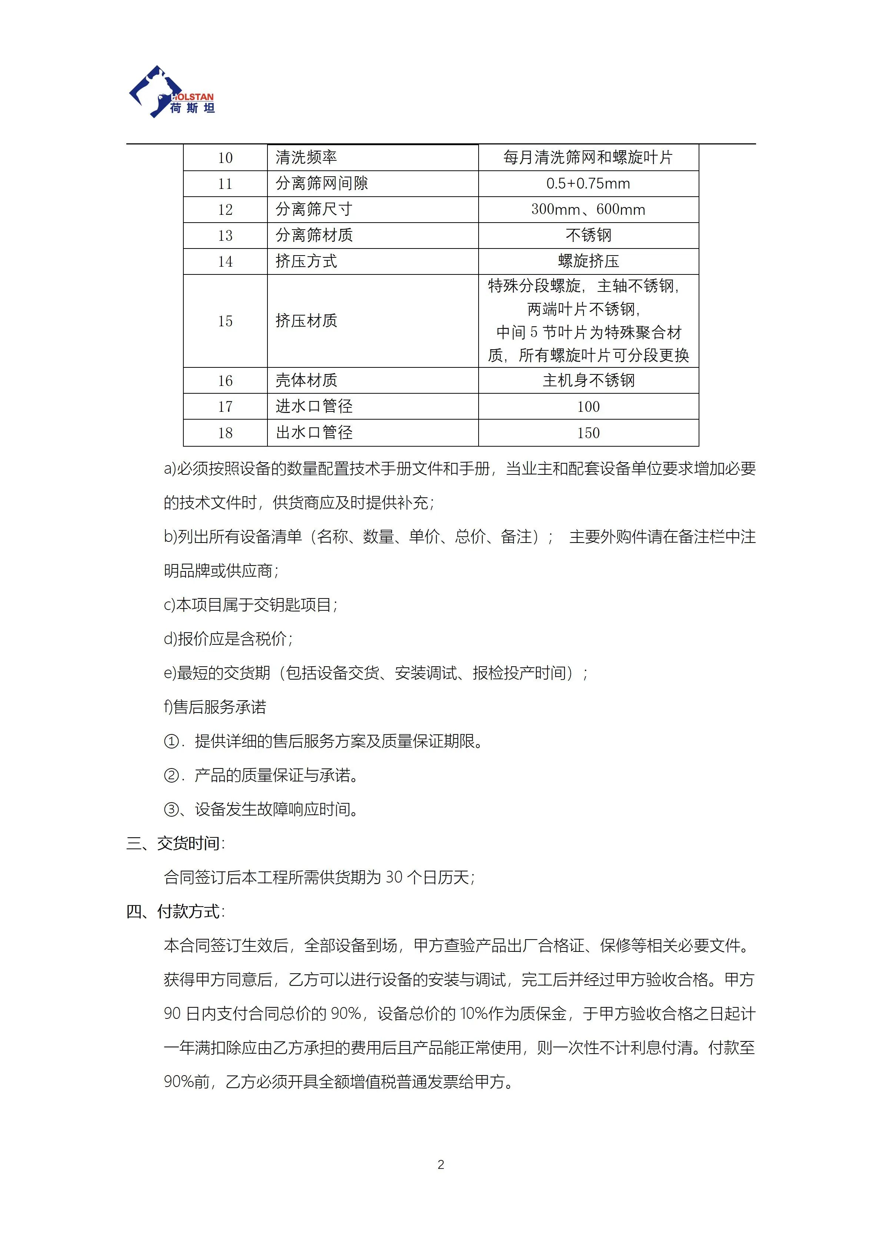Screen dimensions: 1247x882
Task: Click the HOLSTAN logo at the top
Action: click(x=172, y=92)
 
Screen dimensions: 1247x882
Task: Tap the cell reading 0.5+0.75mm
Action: click(x=588, y=184)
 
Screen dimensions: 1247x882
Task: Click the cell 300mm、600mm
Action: click(x=588, y=210)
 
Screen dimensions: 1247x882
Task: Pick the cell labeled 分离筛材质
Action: click(x=314, y=235)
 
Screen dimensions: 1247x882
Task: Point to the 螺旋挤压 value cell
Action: click(x=588, y=261)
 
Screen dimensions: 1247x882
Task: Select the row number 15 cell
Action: click(x=225, y=321)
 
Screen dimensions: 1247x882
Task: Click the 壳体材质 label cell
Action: click(x=306, y=380)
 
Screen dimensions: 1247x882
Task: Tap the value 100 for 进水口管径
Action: click(x=588, y=406)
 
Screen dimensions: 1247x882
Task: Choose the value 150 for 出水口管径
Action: click(x=588, y=433)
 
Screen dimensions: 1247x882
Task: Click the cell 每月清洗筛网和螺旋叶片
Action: click(x=588, y=157)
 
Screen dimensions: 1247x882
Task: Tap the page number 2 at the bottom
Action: click(x=441, y=1164)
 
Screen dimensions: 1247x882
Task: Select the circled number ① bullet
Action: click(x=171, y=741)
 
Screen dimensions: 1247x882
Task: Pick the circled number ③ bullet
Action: click(x=171, y=810)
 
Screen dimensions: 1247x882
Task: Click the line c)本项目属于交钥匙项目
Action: click(x=250, y=605)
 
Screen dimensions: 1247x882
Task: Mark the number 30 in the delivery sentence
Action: click(x=394, y=877)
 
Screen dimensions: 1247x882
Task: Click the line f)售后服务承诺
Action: click(x=215, y=707)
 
